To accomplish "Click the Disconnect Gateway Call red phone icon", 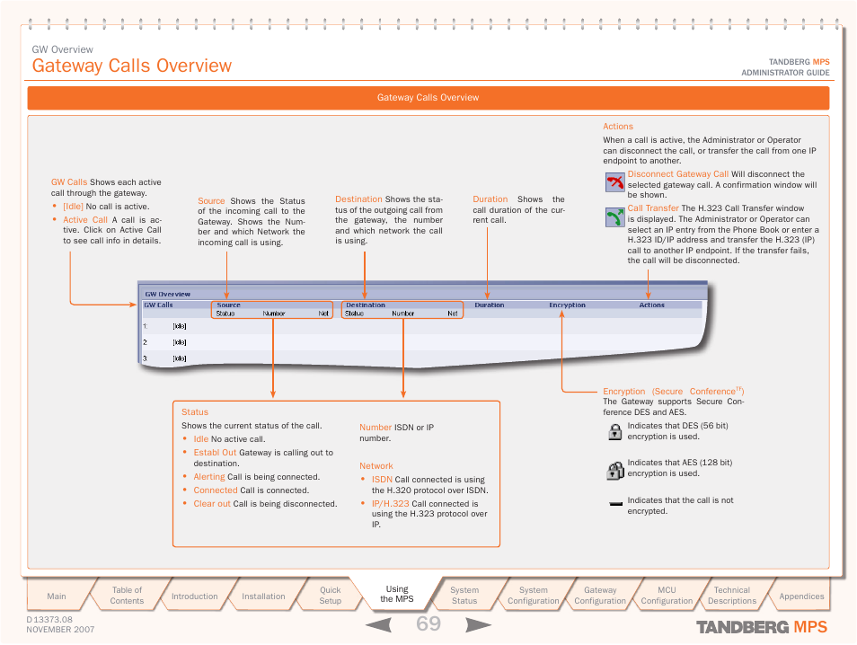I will point(614,183).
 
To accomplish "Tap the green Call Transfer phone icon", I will point(614,217).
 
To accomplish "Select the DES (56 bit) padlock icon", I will point(615,431).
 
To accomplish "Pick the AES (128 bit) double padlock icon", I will point(615,469).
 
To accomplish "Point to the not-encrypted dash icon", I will point(615,505).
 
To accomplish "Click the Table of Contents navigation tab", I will point(127,596).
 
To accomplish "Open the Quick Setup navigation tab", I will point(331,596).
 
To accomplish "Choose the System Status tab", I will point(464,596).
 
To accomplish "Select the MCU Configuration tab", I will point(667,596).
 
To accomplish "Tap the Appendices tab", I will point(801,596).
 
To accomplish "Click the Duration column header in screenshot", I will point(490,305).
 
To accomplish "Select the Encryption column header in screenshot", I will point(567,305).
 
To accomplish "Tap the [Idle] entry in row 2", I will point(180,342).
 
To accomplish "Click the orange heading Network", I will point(376,466).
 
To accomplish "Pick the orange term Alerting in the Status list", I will point(209,477).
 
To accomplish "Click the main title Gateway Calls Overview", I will point(132,66).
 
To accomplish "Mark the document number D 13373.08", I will point(49,620).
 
